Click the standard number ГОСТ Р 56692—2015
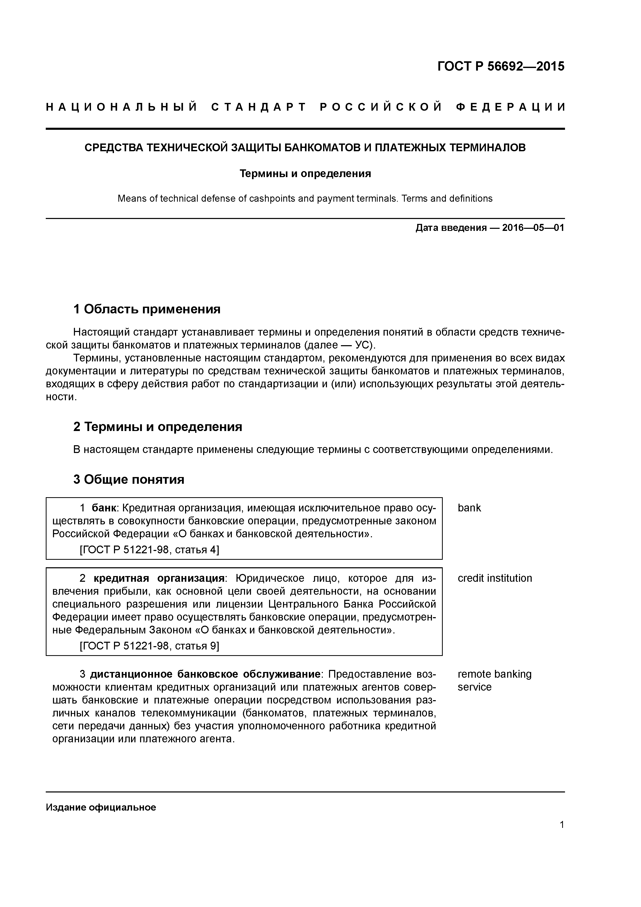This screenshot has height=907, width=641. tap(501, 66)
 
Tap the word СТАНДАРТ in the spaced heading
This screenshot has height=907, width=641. tap(259, 108)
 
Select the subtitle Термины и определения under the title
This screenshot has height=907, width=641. tap(305, 173)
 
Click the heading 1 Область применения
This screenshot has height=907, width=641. tap(147, 309)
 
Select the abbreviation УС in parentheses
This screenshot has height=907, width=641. tap(363, 345)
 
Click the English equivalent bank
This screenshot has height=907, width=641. tap(469, 508)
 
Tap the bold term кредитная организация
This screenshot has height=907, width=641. tap(159, 578)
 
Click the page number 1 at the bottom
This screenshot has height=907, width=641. tap(562, 825)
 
